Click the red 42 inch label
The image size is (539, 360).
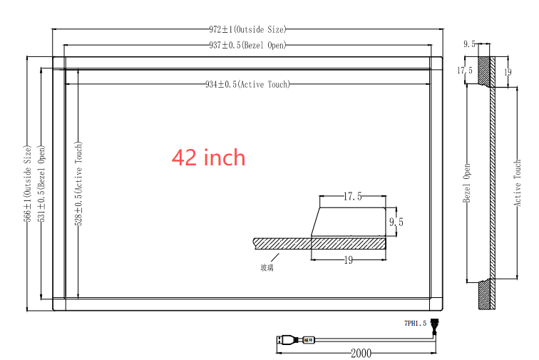208,158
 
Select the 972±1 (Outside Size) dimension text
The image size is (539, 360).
247,29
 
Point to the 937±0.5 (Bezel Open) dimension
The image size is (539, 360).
247,45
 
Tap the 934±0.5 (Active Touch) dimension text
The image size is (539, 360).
247,84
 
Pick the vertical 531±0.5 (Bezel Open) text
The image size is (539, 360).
42,183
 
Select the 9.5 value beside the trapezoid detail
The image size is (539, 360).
396,222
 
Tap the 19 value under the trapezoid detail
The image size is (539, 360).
349,260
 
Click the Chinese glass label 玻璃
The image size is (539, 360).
267,267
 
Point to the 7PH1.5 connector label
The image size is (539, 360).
414,323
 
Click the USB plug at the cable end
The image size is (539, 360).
285,340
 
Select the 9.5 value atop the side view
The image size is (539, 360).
469,44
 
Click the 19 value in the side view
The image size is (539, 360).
508,71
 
